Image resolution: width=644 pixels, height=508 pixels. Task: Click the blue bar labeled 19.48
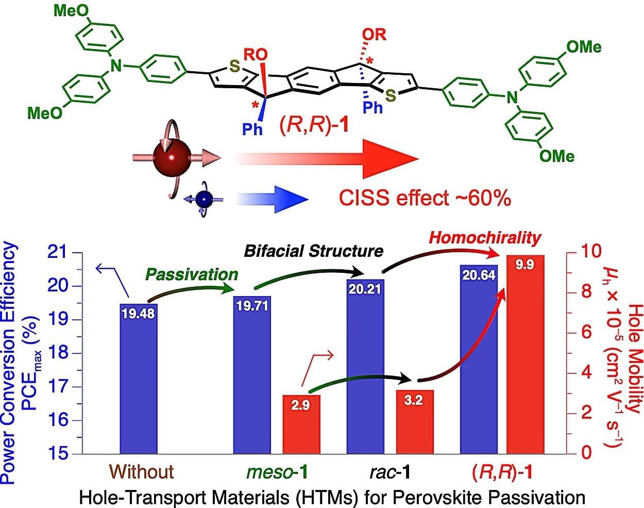(139, 379)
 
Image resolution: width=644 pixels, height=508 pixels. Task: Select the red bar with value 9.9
(525, 354)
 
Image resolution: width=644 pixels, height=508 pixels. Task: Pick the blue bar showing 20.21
(365, 366)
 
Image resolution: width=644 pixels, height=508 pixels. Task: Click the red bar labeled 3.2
(415, 422)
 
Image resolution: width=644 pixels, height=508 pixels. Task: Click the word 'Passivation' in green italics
(192, 275)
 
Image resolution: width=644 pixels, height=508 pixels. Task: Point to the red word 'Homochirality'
(485, 238)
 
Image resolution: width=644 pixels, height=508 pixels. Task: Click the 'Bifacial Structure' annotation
(313, 251)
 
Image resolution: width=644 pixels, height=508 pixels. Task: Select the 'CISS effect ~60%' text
(425, 198)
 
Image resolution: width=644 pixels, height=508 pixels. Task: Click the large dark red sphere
(172, 157)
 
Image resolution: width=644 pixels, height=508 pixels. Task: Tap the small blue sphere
(204, 199)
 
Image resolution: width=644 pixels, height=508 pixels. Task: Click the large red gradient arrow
(326, 159)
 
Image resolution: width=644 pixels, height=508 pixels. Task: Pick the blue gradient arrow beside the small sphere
(273, 199)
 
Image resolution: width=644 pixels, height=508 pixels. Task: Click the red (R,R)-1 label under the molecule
(314, 125)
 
